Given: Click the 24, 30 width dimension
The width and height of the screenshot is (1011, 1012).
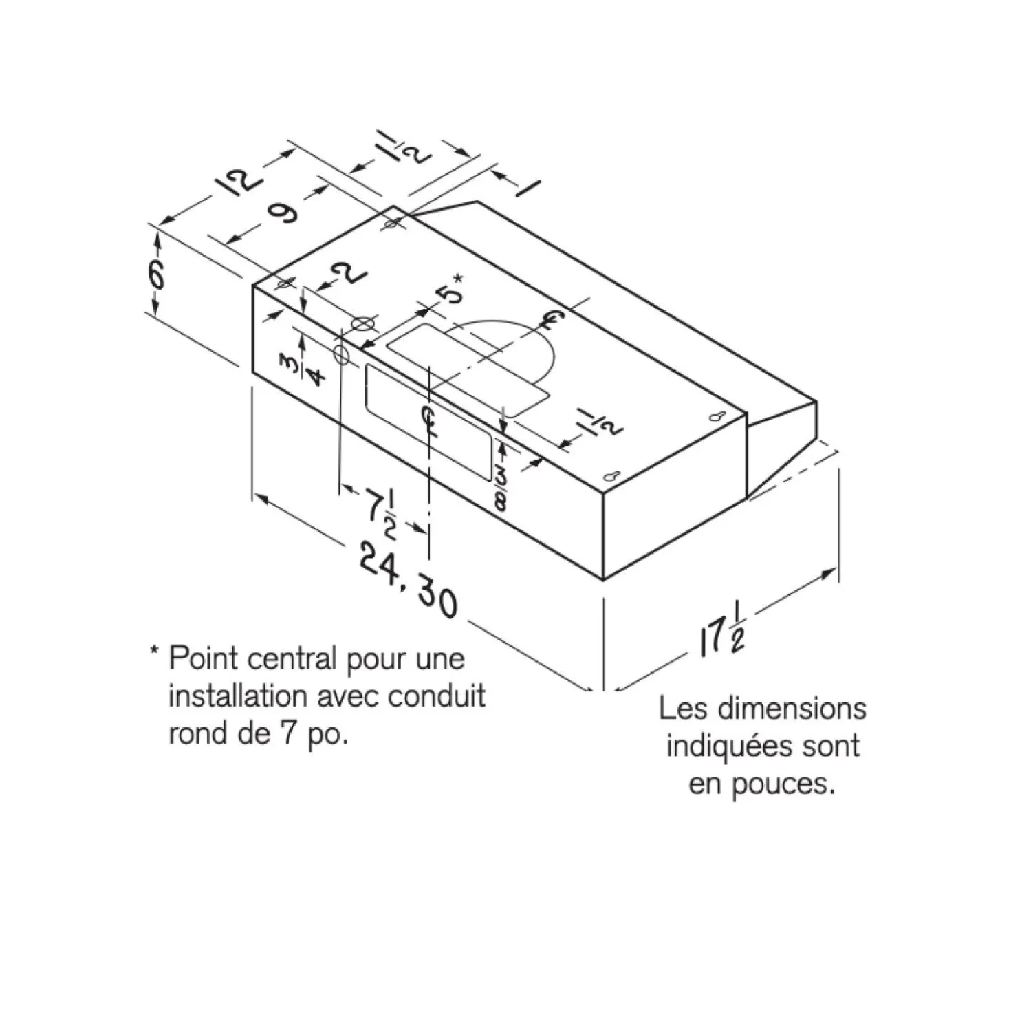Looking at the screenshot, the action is point(408,581).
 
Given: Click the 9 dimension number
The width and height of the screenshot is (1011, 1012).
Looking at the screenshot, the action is point(283,212).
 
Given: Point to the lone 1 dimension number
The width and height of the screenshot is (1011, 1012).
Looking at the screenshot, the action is point(528,188).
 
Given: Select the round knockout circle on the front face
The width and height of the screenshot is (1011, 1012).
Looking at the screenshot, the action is point(341,356).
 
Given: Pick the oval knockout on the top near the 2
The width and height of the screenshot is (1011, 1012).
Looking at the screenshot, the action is point(363,324).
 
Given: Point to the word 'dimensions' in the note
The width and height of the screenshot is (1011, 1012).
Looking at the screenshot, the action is point(792,709).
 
